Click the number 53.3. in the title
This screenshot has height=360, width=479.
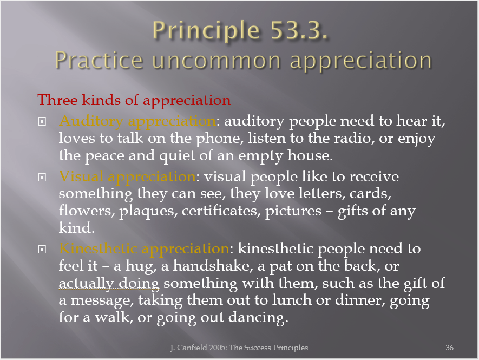(x=299, y=30)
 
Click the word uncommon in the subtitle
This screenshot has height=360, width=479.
(x=216, y=61)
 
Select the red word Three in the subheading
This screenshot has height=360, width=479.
(x=57, y=100)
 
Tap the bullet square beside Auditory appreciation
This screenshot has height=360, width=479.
(x=42, y=122)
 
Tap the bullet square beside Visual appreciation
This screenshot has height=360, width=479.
(x=42, y=177)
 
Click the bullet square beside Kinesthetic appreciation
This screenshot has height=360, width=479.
(x=42, y=250)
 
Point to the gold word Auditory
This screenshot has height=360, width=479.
(x=91, y=122)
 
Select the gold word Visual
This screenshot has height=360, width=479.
(x=81, y=176)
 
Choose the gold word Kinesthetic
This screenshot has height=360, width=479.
(x=98, y=248)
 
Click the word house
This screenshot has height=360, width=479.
(x=310, y=155)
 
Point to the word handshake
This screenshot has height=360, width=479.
(x=213, y=266)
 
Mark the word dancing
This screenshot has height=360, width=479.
(x=258, y=318)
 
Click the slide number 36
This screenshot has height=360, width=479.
(x=449, y=348)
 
